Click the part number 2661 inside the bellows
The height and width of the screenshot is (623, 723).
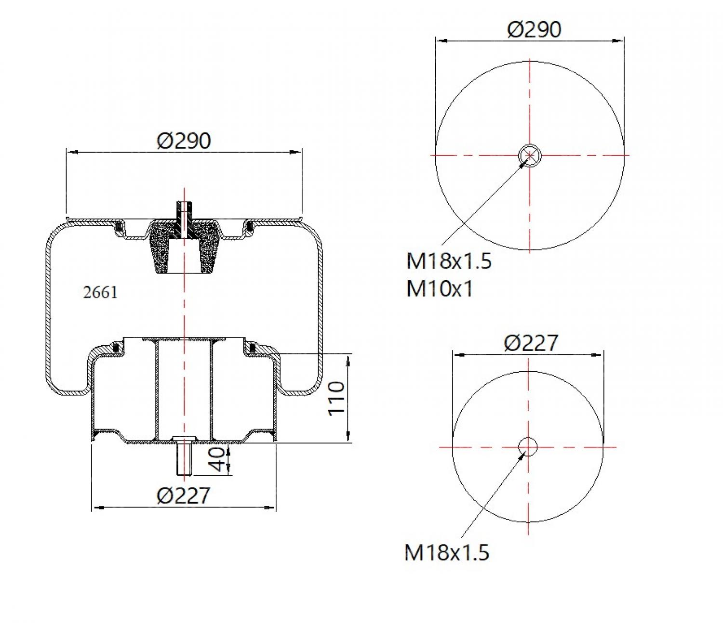(x=100, y=292)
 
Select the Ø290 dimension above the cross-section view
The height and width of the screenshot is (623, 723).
(x=184, y=141)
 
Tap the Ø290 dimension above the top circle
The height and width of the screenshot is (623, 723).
(x=534, y=29)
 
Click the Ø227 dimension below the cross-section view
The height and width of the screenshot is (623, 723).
(x=184, y=495)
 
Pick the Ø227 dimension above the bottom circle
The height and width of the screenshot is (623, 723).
(x=531, y=343)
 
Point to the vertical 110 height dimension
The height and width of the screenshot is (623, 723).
(x=337, y=398)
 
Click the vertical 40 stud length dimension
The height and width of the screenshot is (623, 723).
(x=218, y=459)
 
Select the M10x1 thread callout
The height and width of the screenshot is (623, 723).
(x=440, y=289)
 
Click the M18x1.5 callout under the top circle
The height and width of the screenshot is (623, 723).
(x=449, y=261)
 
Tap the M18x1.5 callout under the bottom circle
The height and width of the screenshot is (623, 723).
(x=446, y=552)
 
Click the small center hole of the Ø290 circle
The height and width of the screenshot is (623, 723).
(x=530, y=155)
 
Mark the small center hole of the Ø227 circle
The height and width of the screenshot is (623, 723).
(x=528, y=447)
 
